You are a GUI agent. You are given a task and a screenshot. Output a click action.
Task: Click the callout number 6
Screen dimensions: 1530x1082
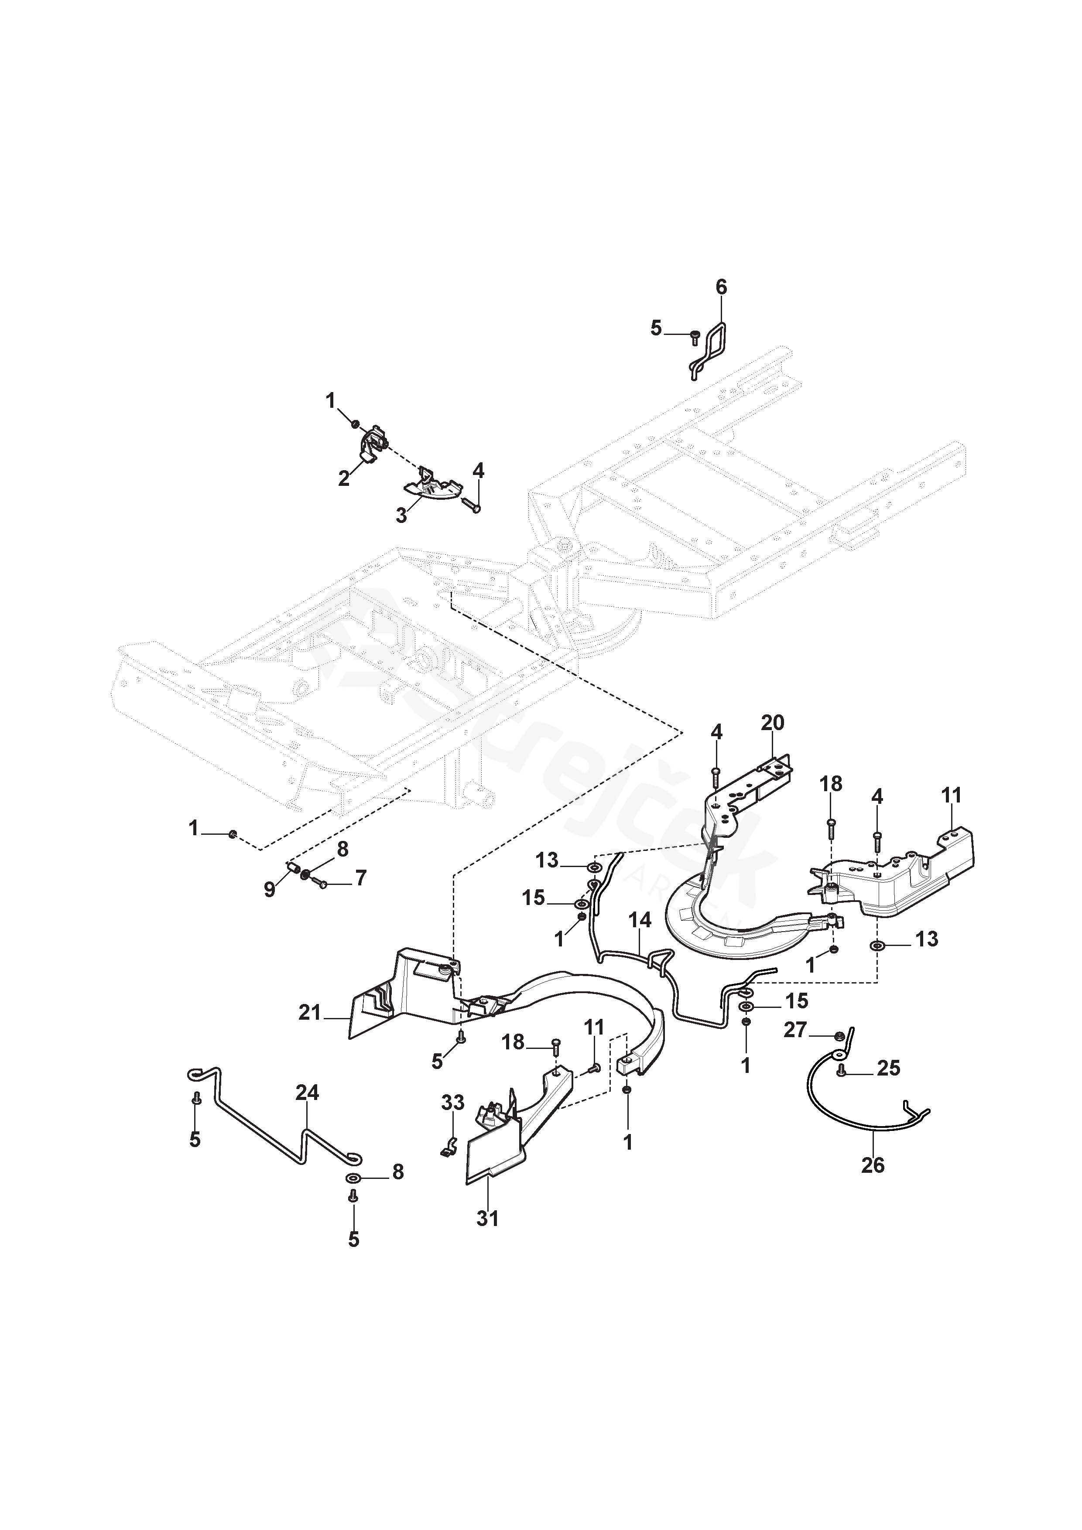(x=721, y=287)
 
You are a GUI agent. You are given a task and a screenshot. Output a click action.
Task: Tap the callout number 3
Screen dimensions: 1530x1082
(x=401, y=515)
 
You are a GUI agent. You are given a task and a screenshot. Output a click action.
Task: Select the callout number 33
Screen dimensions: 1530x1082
(x=453, y=1103)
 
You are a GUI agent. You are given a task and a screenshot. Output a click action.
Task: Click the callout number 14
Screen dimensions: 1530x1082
(x=640, y=921)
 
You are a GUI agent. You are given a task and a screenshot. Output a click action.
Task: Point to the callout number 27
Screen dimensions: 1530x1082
(x=795, y=1030)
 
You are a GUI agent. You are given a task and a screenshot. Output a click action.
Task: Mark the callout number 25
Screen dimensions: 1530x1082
(x=889, y=1068)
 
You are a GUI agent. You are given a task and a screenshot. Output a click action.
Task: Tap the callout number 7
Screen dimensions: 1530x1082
(x=360, y=878)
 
